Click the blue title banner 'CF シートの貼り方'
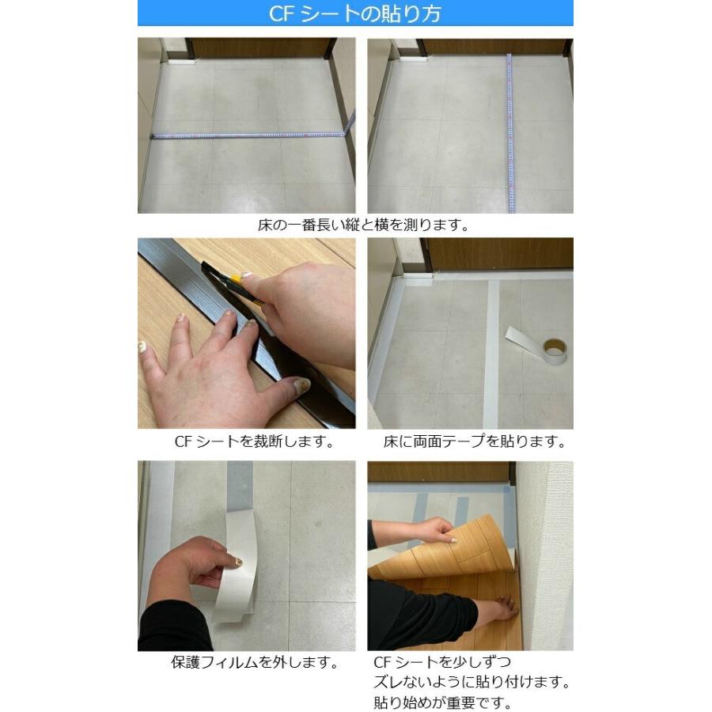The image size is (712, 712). pos(354,13)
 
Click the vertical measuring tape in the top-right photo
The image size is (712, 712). pos(509,134)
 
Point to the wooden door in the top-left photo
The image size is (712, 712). pos(261,47)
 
